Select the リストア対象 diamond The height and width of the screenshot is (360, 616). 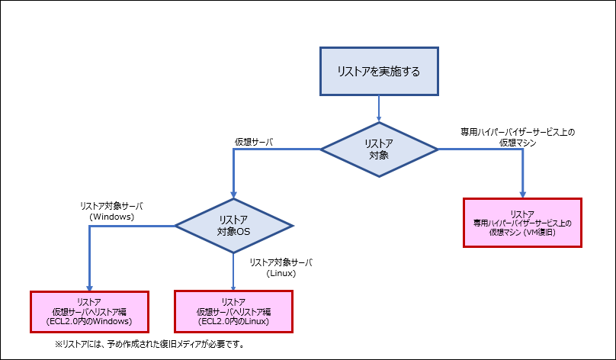pyautogui.click(x=379, y=149)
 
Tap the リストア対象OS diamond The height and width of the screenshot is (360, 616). pyautogui.click(x=234, y=225)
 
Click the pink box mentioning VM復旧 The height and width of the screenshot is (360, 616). pyautogui.click(x=522, y=222)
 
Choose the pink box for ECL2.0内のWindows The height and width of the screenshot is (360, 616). pyautogui.click(x=89, y=312)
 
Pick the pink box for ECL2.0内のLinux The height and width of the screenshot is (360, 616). pyautogui.click(x=233, y=312)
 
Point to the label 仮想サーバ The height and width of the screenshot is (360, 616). pyautogui.click(x=253, y=142)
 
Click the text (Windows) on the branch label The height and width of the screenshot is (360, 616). pyautogui.click(x=112, y=217)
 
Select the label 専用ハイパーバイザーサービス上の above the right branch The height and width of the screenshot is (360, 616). pyautogui.click(x=517, y=132)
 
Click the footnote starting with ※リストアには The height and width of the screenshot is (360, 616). pyautogui.click(x=149, y=344)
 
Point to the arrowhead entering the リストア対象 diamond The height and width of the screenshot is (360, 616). pyautogui.click(x=379, y=118)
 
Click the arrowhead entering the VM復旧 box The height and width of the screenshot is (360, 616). pyautogui.click(x=522, y=194)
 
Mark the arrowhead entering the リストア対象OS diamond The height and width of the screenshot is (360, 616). pyautogui.click(x=234, y=194)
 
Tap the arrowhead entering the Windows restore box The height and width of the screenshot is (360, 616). pyautogui.click(x=89, y=287)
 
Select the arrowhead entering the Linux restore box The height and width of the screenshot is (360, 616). pyautogui.click(x=233, y=287)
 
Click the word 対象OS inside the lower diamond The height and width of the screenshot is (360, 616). pyautogui.click(x=233, y=231)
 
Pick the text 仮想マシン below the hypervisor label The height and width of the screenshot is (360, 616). pyautogui.click(x=518, y=142)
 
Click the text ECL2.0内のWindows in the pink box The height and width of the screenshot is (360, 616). pyautogui.click(x=90, y=322)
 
